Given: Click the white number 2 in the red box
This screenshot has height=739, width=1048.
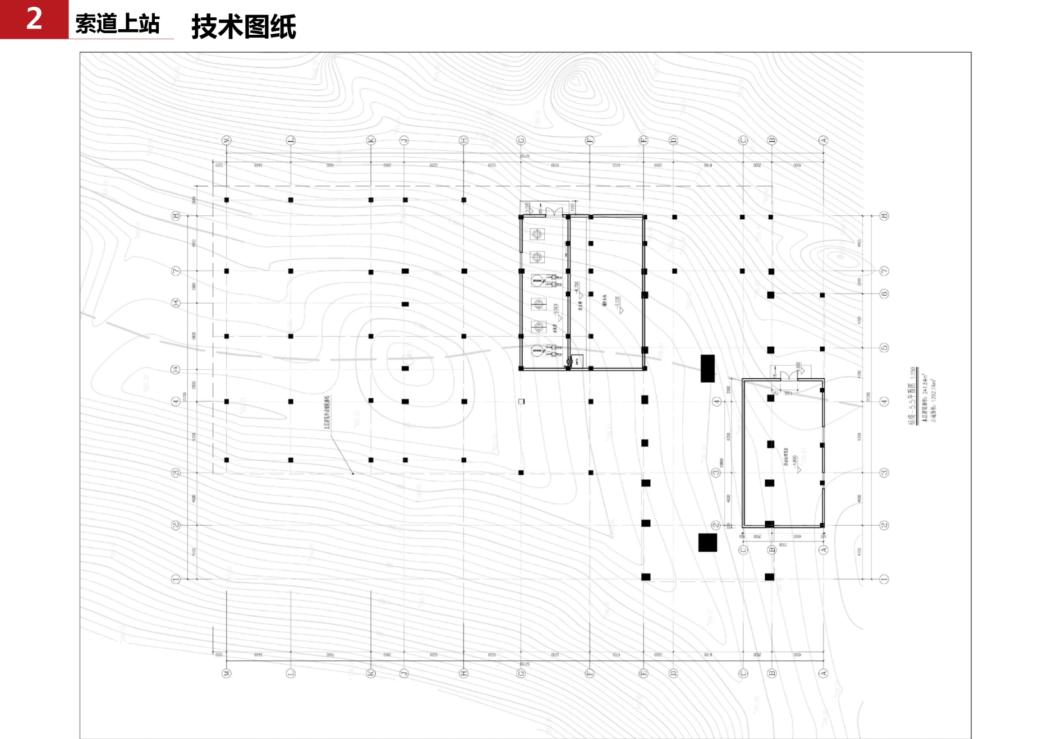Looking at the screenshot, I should (x=34, y=19).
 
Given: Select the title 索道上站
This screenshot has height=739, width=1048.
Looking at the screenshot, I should (x=118, y=24).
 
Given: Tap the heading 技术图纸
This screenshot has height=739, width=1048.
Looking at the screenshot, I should (x=243, y=27).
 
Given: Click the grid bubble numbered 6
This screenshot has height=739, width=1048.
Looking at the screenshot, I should (x=884, y=294).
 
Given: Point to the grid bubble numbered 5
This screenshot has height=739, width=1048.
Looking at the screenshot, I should (x=884, y=348).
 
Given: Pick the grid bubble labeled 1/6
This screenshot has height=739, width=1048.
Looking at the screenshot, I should (x=176, y=303).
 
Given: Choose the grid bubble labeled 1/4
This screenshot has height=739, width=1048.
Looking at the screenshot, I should (x=176, y=370).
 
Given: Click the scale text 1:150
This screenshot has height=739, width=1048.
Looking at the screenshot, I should (x=913, y=375).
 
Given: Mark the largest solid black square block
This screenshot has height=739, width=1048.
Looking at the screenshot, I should (x=707, y=543).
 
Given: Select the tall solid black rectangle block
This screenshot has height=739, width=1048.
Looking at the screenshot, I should (x=707, y=369).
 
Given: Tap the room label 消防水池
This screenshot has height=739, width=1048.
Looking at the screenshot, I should (x=605, y=300).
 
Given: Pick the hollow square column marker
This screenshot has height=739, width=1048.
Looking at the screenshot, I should (x=521, y=402).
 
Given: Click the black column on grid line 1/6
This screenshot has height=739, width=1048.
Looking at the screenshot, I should (x=405, y=304).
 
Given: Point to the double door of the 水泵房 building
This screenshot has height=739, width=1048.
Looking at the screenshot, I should (x=554, y=212).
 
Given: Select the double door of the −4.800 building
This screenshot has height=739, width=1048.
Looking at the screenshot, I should (x=788, y=374).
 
